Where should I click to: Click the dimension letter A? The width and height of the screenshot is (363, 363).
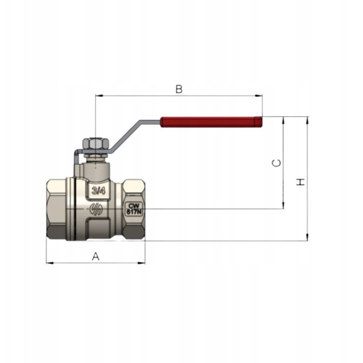tap(96, 256)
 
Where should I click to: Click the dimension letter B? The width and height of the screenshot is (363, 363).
tap(179, 89)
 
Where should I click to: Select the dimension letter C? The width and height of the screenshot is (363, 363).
tap(276, 163)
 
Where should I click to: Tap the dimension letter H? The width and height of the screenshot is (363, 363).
tap(300, 182)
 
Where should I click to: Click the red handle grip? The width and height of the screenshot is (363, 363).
tap(211, 122)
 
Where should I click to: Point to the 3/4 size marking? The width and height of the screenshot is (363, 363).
tap(98, 191)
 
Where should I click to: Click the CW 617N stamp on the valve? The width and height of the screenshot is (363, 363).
tap(134, 209)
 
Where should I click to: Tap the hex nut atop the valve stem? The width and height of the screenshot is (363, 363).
tap(96, 143)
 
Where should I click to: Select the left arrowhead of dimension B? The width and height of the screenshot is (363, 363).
tap(99, 95)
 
